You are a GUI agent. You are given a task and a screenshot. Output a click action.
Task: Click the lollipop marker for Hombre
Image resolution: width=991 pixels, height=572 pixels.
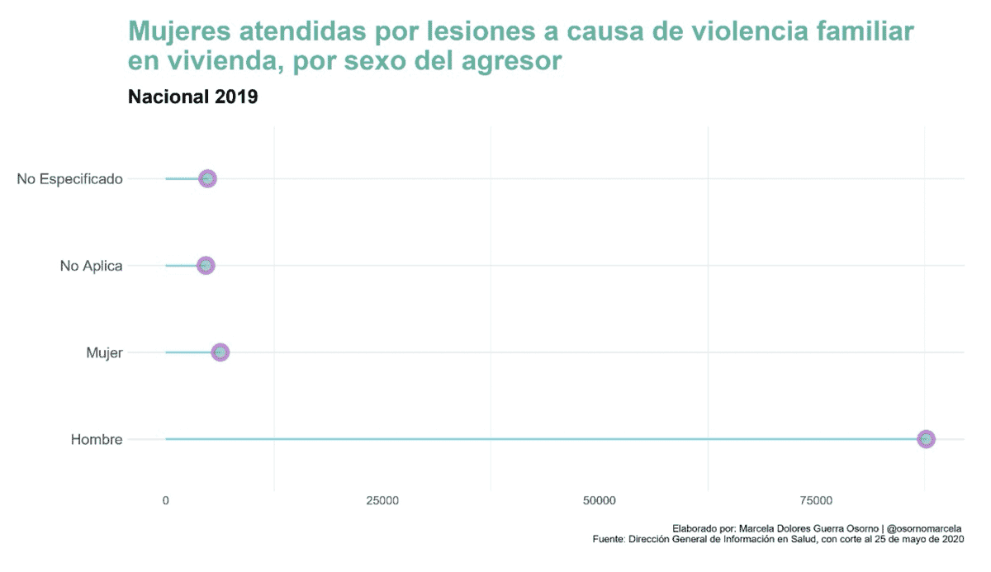point(926,439)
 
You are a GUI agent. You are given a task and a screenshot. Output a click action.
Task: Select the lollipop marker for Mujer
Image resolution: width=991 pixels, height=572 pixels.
point(220,352)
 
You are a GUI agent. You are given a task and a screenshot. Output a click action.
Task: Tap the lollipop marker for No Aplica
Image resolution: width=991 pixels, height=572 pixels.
point(206,266)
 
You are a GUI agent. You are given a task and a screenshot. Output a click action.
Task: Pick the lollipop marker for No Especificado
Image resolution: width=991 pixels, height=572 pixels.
point(207,178)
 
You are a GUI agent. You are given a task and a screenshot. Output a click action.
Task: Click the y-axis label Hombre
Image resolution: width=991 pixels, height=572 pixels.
point(97,440)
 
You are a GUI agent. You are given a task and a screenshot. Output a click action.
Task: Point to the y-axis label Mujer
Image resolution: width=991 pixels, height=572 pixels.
point(104,353)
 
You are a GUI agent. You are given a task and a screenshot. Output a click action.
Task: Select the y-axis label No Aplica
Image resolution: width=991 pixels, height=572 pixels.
point(91,266)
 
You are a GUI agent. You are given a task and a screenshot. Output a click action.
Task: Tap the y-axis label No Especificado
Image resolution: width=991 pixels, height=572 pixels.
point(69,179)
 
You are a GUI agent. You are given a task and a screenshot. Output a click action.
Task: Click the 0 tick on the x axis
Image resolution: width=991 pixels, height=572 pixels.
point(166,501)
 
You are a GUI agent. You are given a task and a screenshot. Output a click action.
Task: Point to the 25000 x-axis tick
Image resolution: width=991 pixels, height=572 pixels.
point(382,501)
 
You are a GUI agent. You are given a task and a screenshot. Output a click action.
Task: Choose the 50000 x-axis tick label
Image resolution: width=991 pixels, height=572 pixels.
point(600,501)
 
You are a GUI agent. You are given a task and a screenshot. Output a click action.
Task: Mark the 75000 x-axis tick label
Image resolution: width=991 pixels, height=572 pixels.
point(817,501)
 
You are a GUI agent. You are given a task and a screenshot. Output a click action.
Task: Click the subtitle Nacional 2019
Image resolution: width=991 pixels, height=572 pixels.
point(193,97)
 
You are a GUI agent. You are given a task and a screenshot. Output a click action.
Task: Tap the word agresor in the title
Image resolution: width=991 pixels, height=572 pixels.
point(511,61)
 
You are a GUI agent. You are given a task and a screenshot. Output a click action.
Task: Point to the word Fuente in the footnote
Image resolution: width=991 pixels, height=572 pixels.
point(609,540)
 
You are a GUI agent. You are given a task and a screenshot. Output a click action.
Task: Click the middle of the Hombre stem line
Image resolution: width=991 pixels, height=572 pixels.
point(545,439)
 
